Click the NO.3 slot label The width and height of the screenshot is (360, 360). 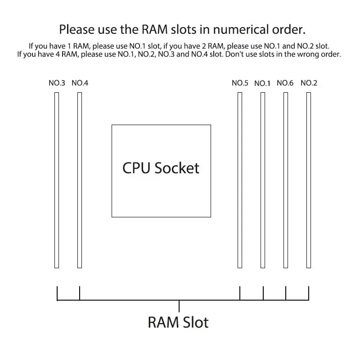[x=57, y=83]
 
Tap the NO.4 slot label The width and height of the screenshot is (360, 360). [x=80, y=83]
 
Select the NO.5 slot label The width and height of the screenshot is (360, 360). [x=240, y=83]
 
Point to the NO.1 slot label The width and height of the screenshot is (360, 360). [x=262, y=83]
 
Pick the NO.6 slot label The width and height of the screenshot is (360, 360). [x=285, y=83]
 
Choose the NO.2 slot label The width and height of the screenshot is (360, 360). [x=309, y=83]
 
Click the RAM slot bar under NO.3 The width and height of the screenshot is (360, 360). [x=57, y=180]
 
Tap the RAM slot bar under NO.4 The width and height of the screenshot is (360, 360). [x=80, y=180]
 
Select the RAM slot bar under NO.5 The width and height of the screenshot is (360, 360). [x=240, y=180]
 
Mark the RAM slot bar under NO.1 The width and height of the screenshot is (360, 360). [x=263, y=180]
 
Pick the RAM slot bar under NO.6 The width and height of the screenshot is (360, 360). [x=285, y=180]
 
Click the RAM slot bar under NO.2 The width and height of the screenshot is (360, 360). [x=309, y=180]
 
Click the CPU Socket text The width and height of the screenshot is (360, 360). [x=161, y=168]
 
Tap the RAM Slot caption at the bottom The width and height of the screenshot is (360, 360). [x=178, y=322]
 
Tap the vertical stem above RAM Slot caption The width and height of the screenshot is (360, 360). [x=179, y=306]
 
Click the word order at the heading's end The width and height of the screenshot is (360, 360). [x=289, y=30]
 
